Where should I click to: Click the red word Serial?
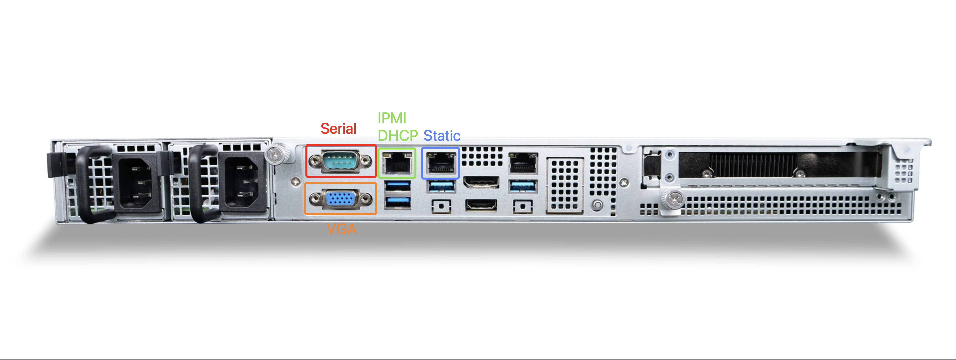pyautogui.click(x=338, y=129)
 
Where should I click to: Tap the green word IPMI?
pyautogui.click(x=392, y=118)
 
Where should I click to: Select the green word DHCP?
pyautogui.click(x=398, y=135)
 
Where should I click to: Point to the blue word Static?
pyautogui.click(x=442, y=135)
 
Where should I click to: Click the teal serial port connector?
pyautogui.click(x=340, y=161)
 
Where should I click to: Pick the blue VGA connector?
pyautogui.click(x=340, y=199)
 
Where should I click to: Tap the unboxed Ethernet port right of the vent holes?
pyautogui.click(x=523, y=163)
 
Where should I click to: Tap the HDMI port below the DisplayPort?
pyautogui.click(x=481, y=205)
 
